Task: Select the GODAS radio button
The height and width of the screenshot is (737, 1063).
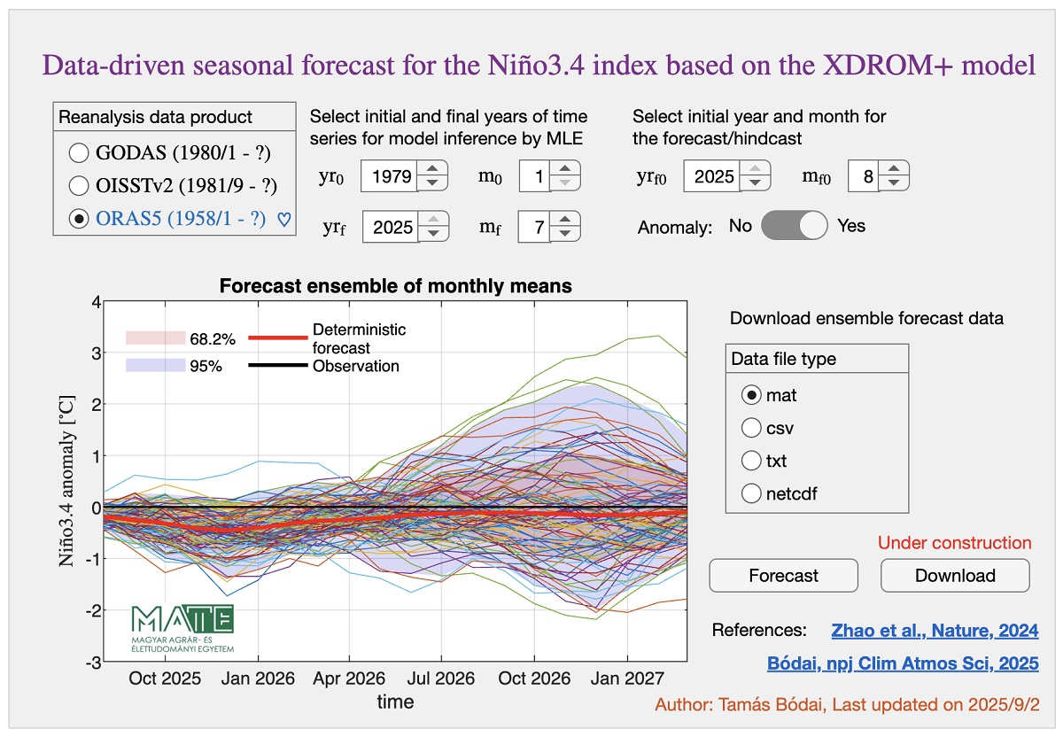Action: click(79, 153)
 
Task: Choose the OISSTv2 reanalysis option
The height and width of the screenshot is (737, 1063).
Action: click(79, 185)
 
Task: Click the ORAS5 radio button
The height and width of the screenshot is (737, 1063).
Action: click(79, 218)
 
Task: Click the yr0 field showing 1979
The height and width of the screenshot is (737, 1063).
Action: click(387, 175)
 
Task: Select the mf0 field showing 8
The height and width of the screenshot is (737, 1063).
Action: click(863, 175)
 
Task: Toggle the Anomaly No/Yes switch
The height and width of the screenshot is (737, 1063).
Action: click(795, 225)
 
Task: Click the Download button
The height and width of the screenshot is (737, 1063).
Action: click(954, 576)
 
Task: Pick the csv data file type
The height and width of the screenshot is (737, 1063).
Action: click(751, 428)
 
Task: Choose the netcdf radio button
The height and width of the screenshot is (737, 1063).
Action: click(751, 493)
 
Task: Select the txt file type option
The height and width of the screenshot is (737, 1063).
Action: click(751, 461)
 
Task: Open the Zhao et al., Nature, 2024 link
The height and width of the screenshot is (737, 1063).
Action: click(935, 631)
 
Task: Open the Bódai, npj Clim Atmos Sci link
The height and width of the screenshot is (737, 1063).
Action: click(902, 663)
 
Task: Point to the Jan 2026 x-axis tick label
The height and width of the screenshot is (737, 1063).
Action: click(258, 679)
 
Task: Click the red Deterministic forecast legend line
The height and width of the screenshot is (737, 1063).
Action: click(277, 337)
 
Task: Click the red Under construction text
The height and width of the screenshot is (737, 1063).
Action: click(954, 543)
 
